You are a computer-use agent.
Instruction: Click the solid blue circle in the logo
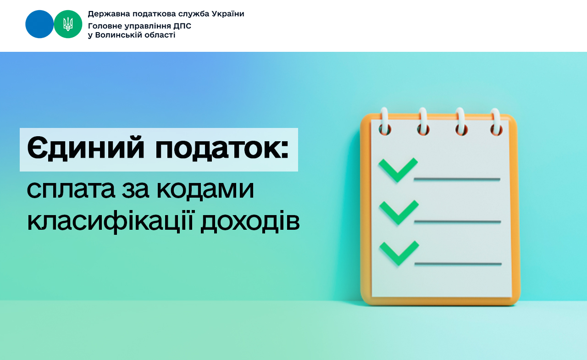point(39,24)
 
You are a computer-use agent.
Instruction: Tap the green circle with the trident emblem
point(68,24)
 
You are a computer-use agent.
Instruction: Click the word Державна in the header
point(109,14)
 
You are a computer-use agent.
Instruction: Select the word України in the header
point(228,14)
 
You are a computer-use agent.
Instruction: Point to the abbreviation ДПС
point(182,26)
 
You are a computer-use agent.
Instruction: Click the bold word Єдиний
point(86,148)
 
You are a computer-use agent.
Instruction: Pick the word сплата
point(71,190)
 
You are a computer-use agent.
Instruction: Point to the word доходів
point(250,221)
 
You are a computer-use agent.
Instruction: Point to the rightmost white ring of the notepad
point(496,122)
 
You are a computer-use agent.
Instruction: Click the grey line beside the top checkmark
point(457,179)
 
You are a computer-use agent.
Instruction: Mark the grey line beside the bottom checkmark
point(458,264)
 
